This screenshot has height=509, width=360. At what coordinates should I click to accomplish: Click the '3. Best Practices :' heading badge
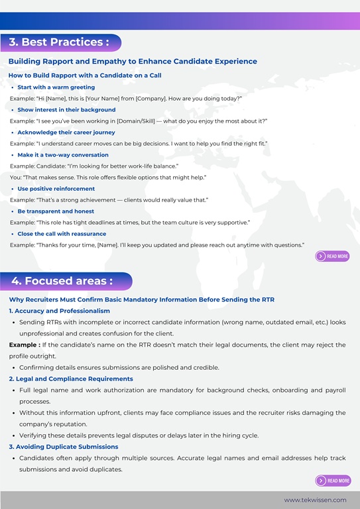60,42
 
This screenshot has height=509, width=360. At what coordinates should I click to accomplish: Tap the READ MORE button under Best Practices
332,256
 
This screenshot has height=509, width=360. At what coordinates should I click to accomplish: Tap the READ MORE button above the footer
333,481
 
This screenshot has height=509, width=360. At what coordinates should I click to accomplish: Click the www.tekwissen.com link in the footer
315,500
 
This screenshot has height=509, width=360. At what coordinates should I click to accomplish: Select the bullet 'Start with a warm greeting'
56,87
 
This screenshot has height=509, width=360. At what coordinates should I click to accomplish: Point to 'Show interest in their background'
66,110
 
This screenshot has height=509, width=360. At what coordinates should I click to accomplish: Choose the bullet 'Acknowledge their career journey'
66,133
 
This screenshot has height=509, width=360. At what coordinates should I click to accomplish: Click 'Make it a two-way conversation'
63,155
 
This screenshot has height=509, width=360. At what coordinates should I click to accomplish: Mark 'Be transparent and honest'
56,211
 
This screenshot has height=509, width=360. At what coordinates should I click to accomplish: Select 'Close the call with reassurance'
62,234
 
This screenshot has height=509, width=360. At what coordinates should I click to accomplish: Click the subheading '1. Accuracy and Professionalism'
60,311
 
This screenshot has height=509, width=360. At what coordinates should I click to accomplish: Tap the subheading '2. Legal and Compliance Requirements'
71,379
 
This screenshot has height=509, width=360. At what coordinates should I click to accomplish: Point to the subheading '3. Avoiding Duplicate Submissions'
64,447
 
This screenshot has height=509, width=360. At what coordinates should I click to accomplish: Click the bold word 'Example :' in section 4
24,345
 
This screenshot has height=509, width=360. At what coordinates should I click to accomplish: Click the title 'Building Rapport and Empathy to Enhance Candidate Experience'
133,62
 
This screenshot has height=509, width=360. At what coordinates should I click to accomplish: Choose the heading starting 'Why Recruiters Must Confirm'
141,300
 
